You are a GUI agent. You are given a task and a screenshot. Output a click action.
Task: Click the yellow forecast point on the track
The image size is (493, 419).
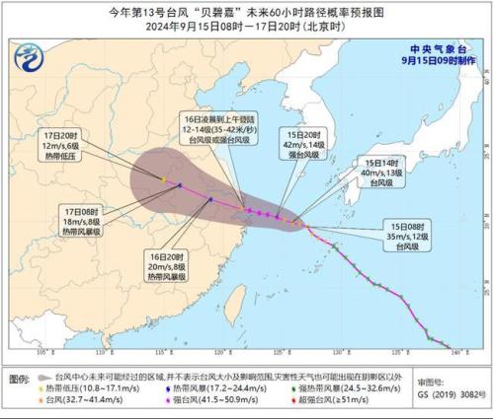[163, 178]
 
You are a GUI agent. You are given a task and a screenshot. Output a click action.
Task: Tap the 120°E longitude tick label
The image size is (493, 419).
[218, 352]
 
